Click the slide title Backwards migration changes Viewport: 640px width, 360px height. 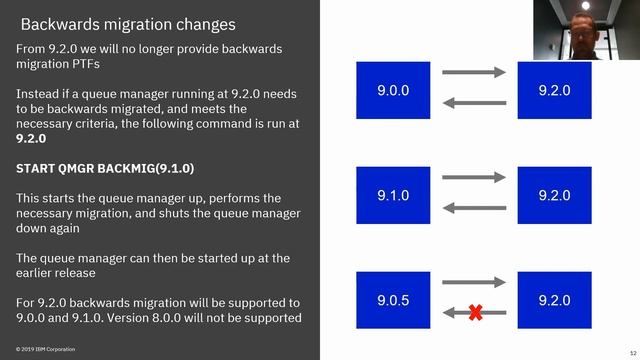point(128,23)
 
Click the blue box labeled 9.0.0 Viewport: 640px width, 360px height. point(393,90)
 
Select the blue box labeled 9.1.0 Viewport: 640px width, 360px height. point(393,195)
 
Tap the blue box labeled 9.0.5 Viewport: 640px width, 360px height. point(393,300)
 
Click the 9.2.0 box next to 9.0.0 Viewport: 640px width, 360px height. point(553,90)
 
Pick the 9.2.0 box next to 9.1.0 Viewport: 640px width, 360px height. point(553,195)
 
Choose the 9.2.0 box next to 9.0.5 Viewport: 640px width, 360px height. point(553,300)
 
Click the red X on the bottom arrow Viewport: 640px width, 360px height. point(475,313)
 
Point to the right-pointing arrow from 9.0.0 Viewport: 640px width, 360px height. point(474,72)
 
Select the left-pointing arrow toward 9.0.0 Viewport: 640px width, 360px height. point(474,103)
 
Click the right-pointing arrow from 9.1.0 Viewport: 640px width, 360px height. point(474,177)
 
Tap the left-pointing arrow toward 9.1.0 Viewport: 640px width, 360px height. point(474,208)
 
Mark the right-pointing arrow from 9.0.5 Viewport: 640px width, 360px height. point(474,282)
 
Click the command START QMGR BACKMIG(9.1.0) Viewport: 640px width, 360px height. point(105,168)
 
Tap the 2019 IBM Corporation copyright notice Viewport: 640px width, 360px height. point(45,349)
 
